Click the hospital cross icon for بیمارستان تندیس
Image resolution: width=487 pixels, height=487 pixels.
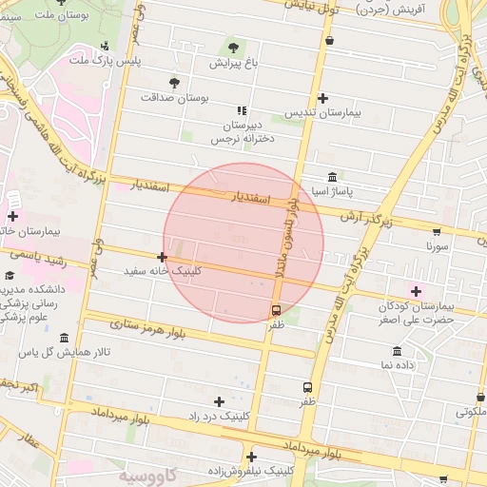(x=323, y=98)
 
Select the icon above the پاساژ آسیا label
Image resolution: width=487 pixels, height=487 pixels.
(x=330, y=178)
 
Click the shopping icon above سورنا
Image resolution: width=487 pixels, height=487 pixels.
(x=437, y=231)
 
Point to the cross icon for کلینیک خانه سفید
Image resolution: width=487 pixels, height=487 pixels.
(x=163, y=257)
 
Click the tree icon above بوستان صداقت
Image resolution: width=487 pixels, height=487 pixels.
(x=173, y=83)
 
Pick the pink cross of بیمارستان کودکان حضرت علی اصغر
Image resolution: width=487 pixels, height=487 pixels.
(x=415, y=290)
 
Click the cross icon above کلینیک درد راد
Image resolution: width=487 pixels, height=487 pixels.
(x=220, y=401)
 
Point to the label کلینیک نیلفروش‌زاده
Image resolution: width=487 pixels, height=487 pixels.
(x=253, y=471)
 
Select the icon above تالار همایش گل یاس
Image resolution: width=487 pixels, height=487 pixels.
(x=63, y=339)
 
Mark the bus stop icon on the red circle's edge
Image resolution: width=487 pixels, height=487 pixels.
(x=276, y=310)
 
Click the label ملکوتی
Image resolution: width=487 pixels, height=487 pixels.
(x=468, y=412)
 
